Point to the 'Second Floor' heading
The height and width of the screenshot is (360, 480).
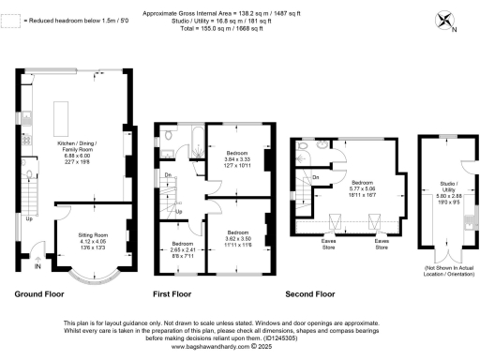309,293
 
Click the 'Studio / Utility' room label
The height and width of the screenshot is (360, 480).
439,188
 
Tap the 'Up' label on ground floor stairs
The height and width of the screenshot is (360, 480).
28,221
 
